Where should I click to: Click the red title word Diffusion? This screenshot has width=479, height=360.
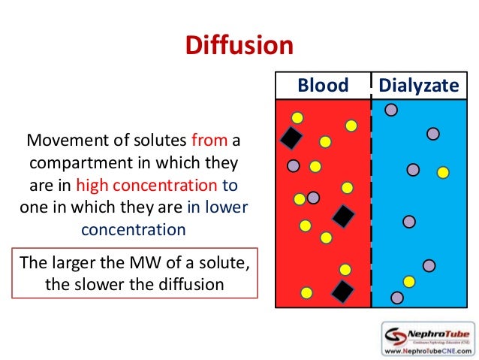click(239, 46)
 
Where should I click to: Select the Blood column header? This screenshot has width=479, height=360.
click(323, 86)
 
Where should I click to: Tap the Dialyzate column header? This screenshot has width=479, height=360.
click(418, 86)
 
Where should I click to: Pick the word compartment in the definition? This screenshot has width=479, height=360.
click(79, 162)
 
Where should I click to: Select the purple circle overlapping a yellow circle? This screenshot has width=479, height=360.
click(313, 198)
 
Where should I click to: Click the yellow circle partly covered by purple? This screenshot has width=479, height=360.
click(300, 198)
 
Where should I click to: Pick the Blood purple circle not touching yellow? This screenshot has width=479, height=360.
click(293, 165)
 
